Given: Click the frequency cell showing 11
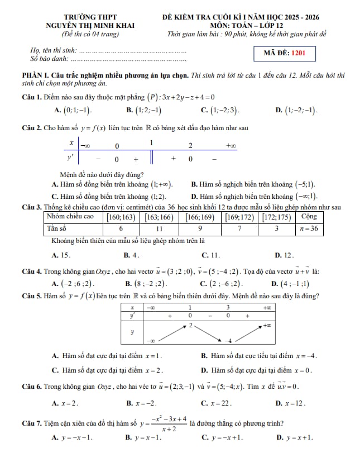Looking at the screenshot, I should point(159,228).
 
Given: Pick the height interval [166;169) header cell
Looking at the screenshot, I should point(200,217).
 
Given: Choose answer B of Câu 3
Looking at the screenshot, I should point(131,255).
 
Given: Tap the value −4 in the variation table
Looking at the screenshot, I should point(228,340).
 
